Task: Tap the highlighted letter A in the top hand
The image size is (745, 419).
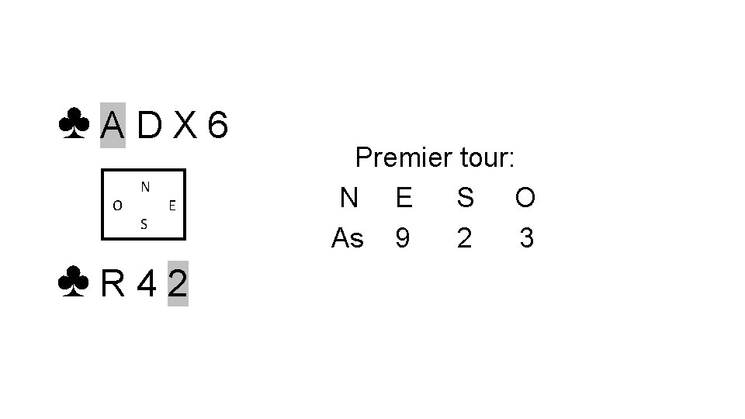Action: tap(113, 125)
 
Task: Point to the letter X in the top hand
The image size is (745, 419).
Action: tap(183, 125)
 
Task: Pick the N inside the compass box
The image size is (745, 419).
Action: tap(145, 187)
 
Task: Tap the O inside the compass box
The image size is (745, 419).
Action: tap(116, 206)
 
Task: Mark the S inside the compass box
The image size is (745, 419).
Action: tap(144, 225)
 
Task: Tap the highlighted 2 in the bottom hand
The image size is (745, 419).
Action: tap(178, 285)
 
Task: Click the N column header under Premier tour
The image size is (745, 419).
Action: tap(349, 199)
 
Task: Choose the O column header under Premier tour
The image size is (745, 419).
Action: tap(525, 199)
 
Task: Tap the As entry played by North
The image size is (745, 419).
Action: tap(347, 238)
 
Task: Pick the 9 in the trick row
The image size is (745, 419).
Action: tap(402, 238)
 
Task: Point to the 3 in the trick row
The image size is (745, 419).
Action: tap(526, 238)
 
